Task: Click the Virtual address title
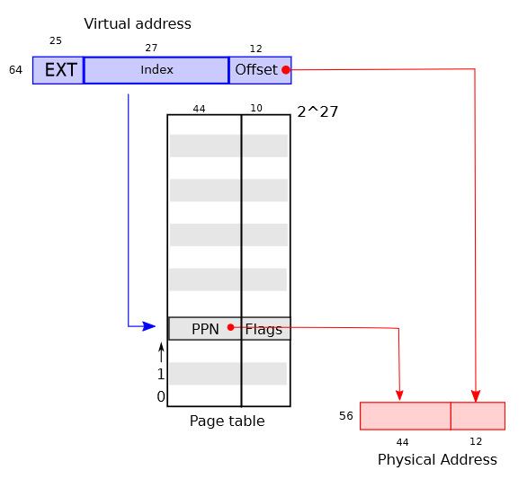(x=138, y=24)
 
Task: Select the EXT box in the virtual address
(x=58, y=70)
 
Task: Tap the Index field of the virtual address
(x=156, y=70)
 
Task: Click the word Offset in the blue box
(x=256, y=70)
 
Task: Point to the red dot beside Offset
(x=286, y=70)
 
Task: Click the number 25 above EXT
(x=56, y=40)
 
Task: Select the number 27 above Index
(x=151, y=48)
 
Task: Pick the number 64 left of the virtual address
(x=15, y=70)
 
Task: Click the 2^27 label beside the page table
(x=317, y=111)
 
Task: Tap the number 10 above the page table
(x=256, y=108)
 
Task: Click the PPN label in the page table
(x=205, y=329)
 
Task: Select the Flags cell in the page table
(x=266, y=329)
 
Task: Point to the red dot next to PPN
(x=230, y=327)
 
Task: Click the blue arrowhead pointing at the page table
(x=149, y=326)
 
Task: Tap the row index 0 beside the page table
(x=161, y=396)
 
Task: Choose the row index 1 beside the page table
(x=161, y=374)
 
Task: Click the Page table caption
(x=228, y=421)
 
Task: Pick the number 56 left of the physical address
(x=346, y=416)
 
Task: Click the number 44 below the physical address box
(x=402, y=442)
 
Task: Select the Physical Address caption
(x=437, y=459)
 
